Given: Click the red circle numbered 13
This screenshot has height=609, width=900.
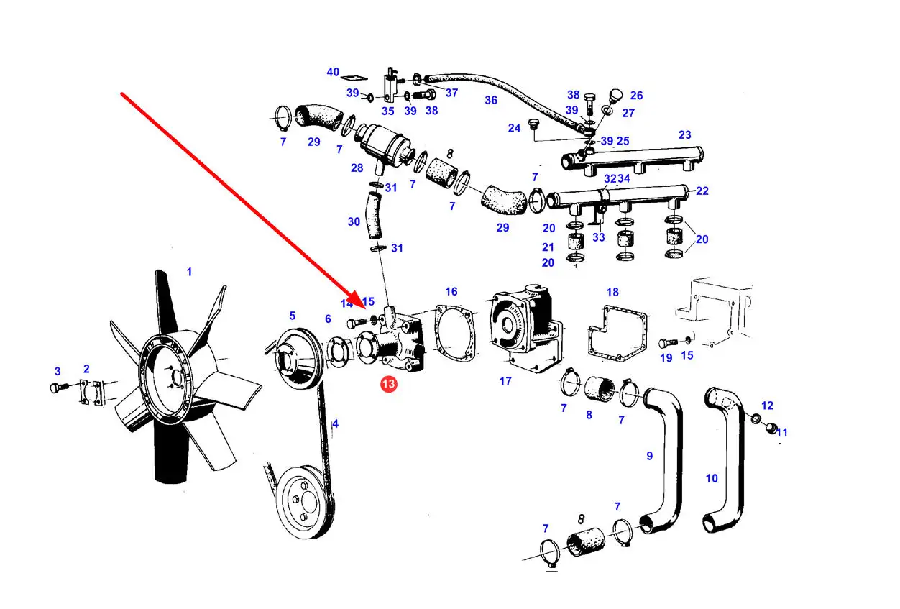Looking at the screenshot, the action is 388,384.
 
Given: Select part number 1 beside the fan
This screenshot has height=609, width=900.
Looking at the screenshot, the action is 189,272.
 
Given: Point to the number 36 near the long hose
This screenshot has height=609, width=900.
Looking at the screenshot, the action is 491,100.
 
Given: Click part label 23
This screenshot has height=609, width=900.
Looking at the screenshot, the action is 684,134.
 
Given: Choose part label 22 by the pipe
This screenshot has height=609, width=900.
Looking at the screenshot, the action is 702,191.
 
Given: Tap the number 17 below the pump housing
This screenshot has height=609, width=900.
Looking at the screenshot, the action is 505,380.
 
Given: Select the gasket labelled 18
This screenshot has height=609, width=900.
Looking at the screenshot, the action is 617,333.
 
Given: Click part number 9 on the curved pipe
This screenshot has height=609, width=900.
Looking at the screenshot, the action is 650,456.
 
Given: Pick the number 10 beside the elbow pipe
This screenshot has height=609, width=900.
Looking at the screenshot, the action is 712,478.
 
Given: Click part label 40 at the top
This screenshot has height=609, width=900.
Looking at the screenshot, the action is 333,72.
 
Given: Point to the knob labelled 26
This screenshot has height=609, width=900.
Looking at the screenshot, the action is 616,96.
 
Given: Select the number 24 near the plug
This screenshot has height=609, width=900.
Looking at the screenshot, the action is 514,128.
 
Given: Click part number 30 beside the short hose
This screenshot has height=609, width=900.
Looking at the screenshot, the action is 354,221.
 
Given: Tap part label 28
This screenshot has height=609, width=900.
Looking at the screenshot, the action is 357,168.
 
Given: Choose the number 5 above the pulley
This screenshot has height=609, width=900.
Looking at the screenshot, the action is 293,316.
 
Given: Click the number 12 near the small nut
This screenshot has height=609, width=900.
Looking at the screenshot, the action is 767,406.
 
